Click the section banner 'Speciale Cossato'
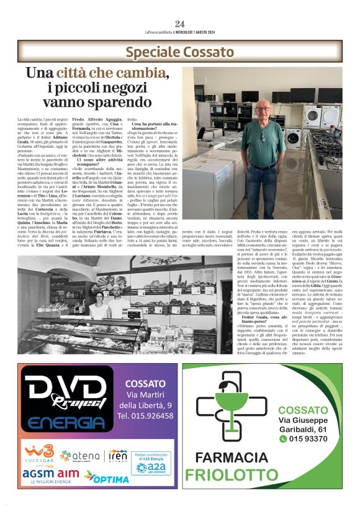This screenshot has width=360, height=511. (179, 52)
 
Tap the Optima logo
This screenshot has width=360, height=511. (106, 477)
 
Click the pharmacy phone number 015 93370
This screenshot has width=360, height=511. (307, 438)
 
